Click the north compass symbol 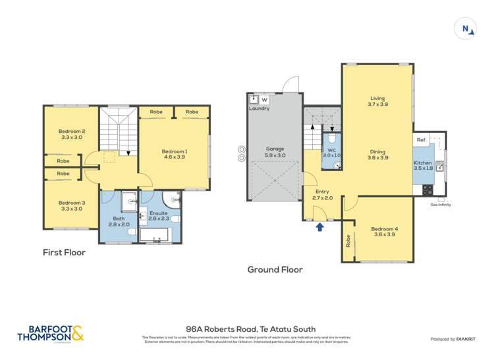(x=466, y=28)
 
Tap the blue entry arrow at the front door (x=320, y=227)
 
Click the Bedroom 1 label (x=175, y=155)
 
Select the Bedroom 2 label (x=71, y=134)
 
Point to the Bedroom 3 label (x=71, y=205)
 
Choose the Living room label (x=377, y=101)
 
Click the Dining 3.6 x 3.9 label (x=377, y=154)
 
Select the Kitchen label (x=422, y=165)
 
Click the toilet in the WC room (x=332, y=140)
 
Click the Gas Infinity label (x=440, y=205)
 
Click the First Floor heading (x=64, y=252)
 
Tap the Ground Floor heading (x=275, y=269)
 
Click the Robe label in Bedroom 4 (x=347, y=244)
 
